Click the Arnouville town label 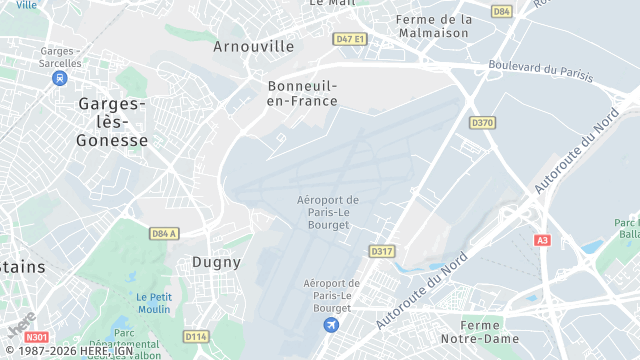point(254,46)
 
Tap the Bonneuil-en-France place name point(302,93)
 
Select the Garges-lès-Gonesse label point(112,122)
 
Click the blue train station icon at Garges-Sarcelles point(62,75)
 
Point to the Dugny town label point(216,262)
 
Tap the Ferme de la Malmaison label point(433,26)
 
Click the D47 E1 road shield point(350,39)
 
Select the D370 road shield point(482,123)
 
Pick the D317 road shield point(380,250)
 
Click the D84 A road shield point(164,233)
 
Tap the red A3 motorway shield point(543,240)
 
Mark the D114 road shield point(196,337)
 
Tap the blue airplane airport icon point(332,325)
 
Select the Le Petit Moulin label point(154,303)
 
